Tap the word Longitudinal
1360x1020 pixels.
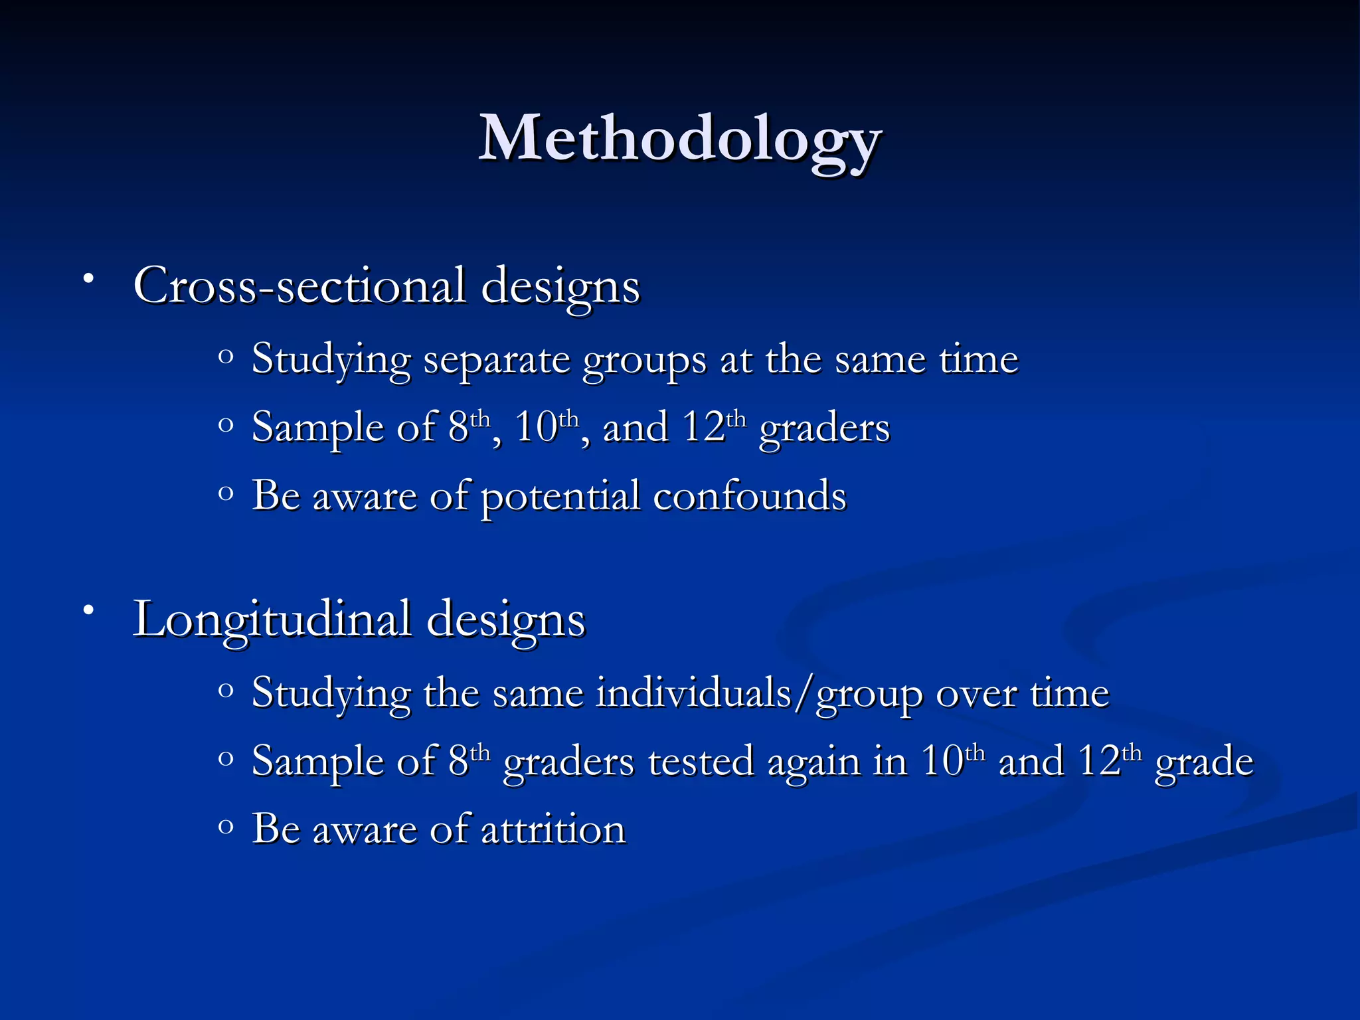click(x=272, y=619)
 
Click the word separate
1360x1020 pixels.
click(x=497, y=361)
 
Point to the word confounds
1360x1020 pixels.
click(x=749, y=495)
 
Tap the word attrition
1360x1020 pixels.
click(x=552, y=829)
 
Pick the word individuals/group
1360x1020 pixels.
click(x=759, y=694)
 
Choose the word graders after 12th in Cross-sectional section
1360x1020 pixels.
click(x=824, y=428)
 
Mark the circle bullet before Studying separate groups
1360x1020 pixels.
click(x=226, y=357)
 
